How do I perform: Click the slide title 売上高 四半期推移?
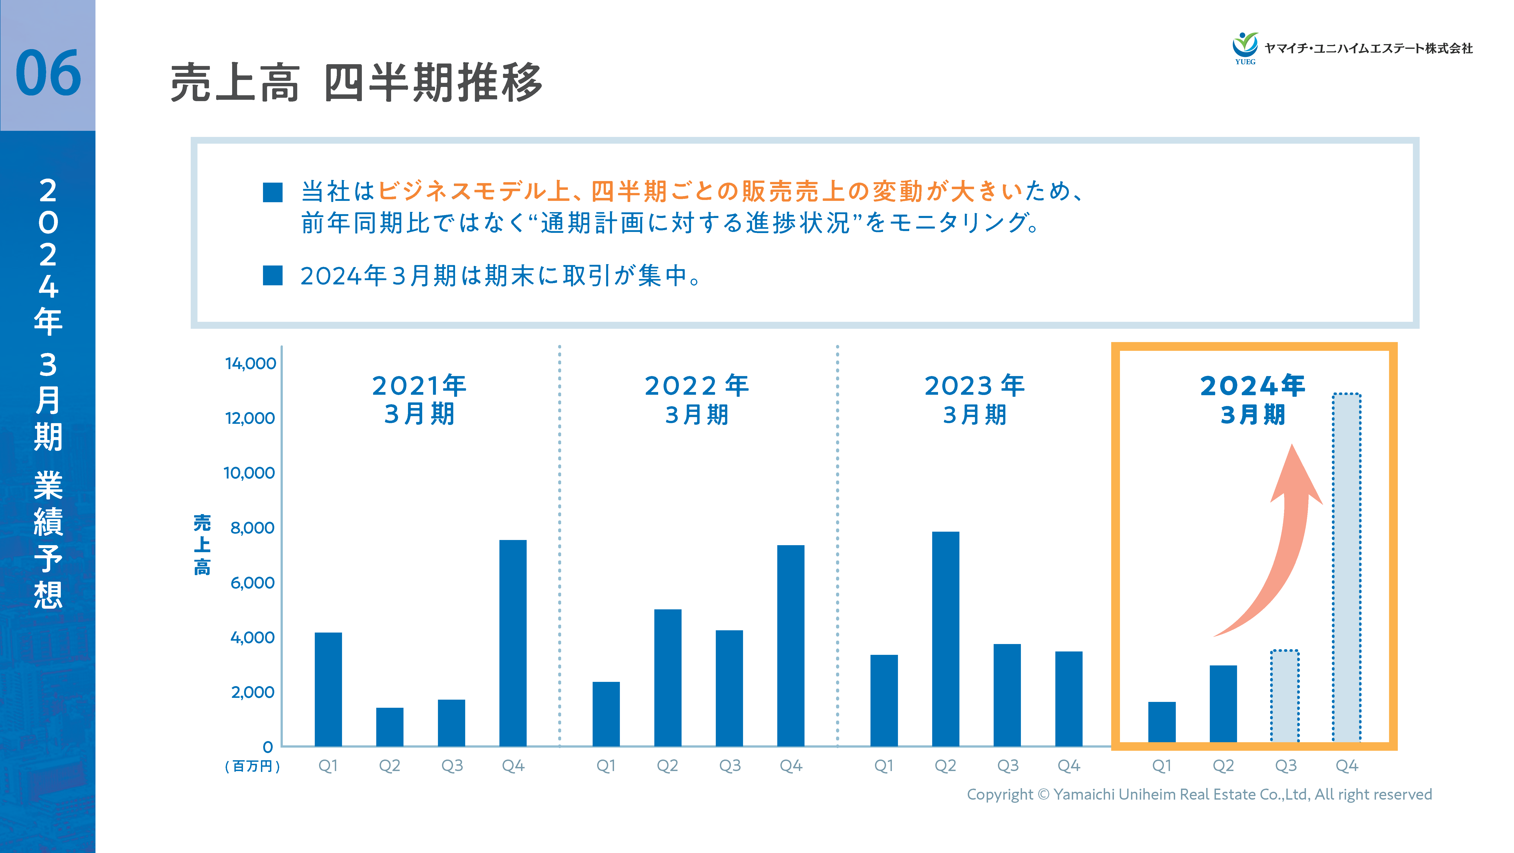pos(356,82)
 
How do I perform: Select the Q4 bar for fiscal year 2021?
pos(512,642)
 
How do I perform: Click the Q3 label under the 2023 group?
pos(1007,765)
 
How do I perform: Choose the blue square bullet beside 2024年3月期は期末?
pos(273,275)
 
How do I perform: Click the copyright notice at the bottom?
pos(1199,794)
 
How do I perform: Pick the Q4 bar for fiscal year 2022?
pos(791,645)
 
